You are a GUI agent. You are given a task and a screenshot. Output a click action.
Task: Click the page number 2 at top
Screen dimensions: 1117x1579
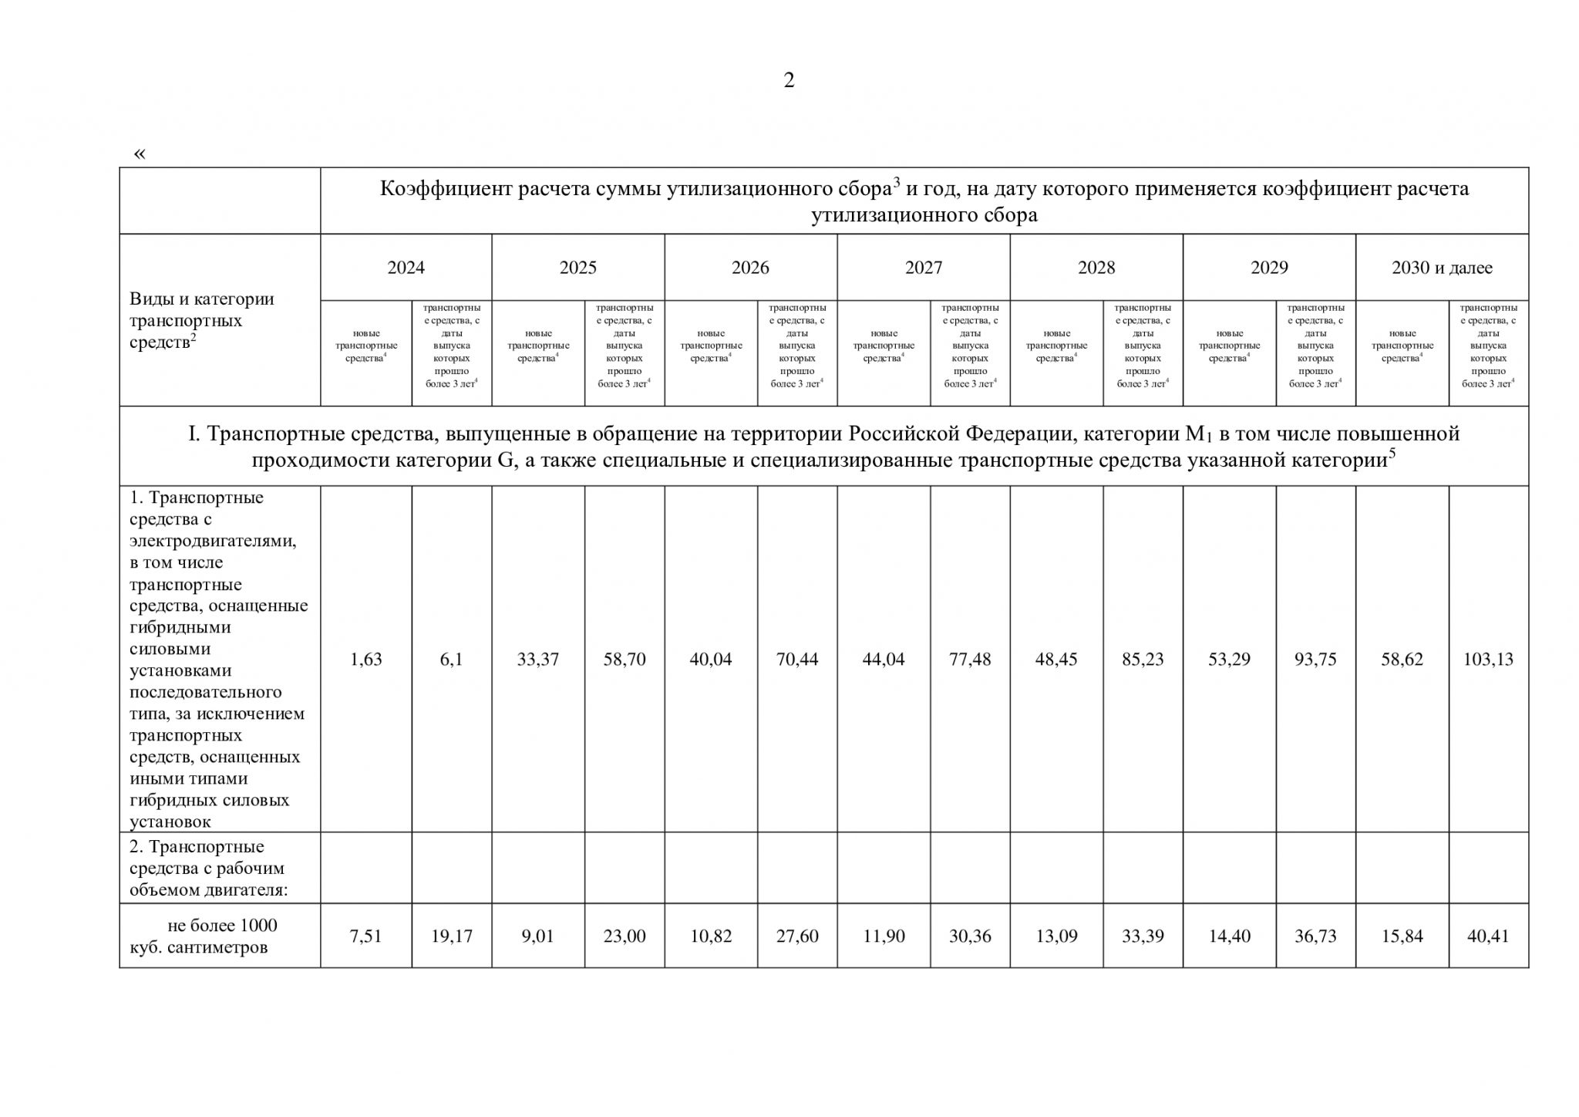coord(789,80)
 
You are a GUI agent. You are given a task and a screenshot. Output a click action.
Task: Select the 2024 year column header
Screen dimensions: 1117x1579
coord(406,268)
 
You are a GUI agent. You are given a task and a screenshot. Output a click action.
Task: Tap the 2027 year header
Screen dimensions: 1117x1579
coord(924,268)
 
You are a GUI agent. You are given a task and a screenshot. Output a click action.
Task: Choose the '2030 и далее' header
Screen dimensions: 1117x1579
coord(1442,268)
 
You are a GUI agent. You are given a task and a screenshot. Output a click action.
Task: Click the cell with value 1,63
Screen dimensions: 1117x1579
coord(365,660)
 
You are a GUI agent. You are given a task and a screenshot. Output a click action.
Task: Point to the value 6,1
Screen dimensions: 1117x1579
coord(451,660)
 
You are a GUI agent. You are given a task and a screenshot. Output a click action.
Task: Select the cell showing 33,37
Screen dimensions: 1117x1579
coord(537,660)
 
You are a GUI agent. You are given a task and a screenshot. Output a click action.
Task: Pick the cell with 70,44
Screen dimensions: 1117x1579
coord(796,660)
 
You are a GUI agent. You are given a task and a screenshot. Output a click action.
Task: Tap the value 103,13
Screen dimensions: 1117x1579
coord(1488,660)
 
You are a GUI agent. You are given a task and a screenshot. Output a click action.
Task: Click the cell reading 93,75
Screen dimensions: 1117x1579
coord(1315,660)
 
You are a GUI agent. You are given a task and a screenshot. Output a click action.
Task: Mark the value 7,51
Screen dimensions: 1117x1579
coord(365,936)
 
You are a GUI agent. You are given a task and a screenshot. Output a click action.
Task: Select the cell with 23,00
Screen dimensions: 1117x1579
coord(624,936)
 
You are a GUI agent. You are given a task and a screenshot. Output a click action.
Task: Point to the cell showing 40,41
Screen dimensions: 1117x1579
coord(1488,936)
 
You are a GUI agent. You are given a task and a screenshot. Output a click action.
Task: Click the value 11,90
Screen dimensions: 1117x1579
coord(883,936)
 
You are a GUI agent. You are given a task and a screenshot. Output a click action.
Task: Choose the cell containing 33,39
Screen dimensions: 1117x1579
coord(1143,936)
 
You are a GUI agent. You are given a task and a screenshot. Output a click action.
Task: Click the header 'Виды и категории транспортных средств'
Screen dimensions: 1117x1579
coord(201,320)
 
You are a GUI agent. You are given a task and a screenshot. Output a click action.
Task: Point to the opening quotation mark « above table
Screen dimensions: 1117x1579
coord(140,154)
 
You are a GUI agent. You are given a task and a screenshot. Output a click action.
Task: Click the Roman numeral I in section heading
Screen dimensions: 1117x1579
coord(194,434)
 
